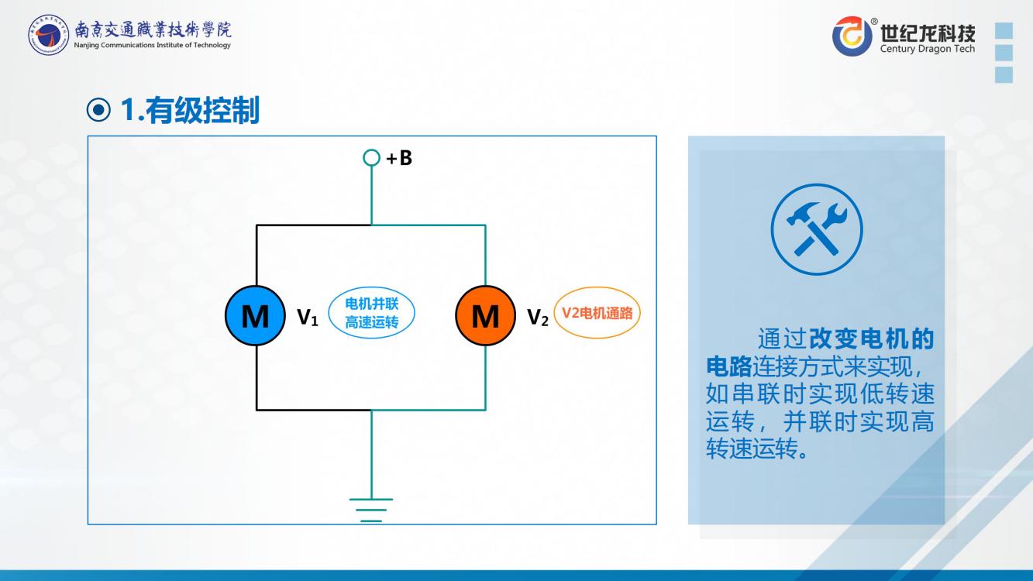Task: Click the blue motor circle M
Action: (x=255, y=316)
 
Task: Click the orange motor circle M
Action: (x=485, y=316)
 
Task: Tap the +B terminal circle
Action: (x=371, y=158)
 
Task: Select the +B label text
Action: (x=399, y=158)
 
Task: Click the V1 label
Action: (x=308, y=317)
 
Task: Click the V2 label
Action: (x=538, y=317)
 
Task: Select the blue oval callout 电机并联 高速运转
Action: (x=371, y=313)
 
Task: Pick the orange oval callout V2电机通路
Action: (x=597, y=314)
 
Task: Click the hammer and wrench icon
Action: (x=816, y=229)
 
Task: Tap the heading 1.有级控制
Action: (x=190, y=112)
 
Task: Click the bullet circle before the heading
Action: (x=98, y=112)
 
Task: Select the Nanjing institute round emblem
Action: (x=48, y=36)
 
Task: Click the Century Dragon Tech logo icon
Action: (x=852, y=36)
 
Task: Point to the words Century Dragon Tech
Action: (x=928, y=50)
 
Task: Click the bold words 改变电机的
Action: (x=871, y=339)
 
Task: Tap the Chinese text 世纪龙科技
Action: (x=928, y=33)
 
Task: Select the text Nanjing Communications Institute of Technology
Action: (x=153, y=46)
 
